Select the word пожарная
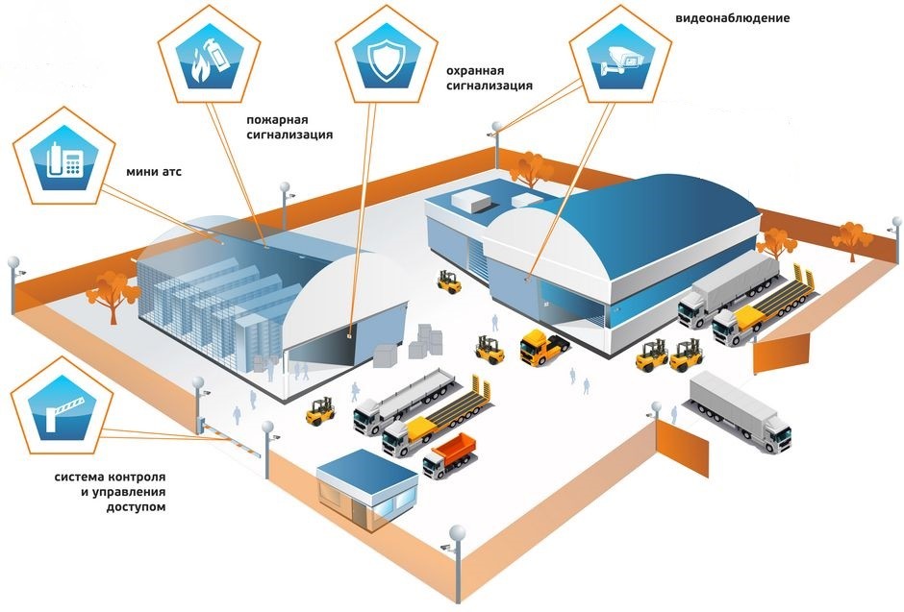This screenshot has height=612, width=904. [276, 120]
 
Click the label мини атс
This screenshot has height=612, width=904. [154, 172]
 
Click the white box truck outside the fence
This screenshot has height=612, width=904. [741, 410]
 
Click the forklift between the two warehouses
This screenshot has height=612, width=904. [448, 282]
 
